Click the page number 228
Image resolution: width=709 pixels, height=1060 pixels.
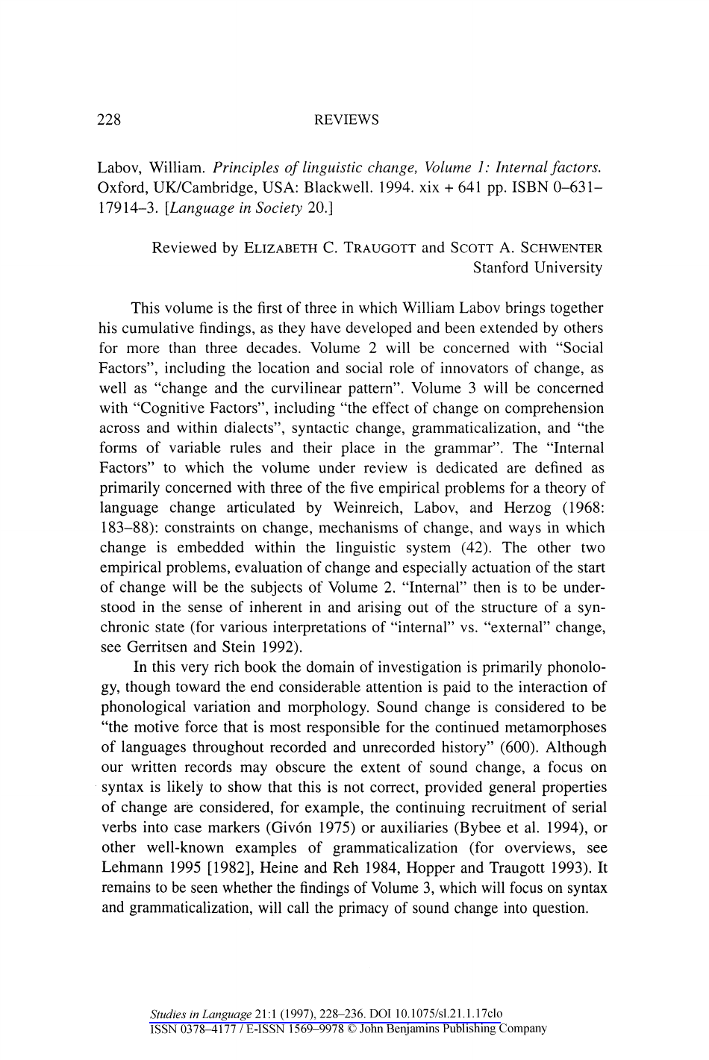pyautogui.click(x=110, y=119)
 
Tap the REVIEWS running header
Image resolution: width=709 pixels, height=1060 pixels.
pyautogui.click(x=346, y=119)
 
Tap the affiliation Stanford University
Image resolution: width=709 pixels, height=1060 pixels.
pyautogui.click(x=537, y=268)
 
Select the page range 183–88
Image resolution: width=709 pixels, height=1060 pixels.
pyautogui.click(x=124, y=529)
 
